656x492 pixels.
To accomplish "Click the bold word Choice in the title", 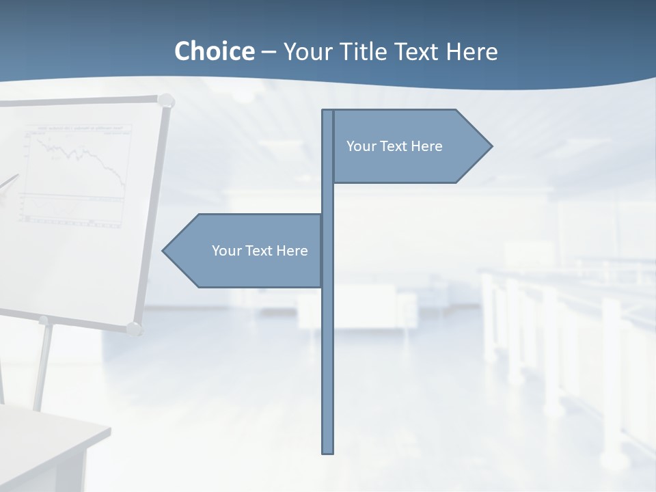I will pyautogui.click(x=214, y=51).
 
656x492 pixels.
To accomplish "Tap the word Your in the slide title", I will pyautogui.click(x=307, y=52).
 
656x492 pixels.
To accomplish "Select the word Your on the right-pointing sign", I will pyautogui.click(x=360, y=146).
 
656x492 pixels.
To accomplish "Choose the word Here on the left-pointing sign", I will pyautogui.click(x=292, y=251).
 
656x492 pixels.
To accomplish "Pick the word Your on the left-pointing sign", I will pyautogui.click(x=225, y=251).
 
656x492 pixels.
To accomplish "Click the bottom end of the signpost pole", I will pyautogui.click(x=328, y=451).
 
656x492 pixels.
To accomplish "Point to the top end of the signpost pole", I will pyautogui.click(x=328, y=111).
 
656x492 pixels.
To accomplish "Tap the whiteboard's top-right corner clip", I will pyautogui.click(x=165, y=101).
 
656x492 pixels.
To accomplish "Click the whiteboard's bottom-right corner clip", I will pyautogui.click(x=134, y=328).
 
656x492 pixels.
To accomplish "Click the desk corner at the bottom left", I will pyautogui.click(x=106, y=429).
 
